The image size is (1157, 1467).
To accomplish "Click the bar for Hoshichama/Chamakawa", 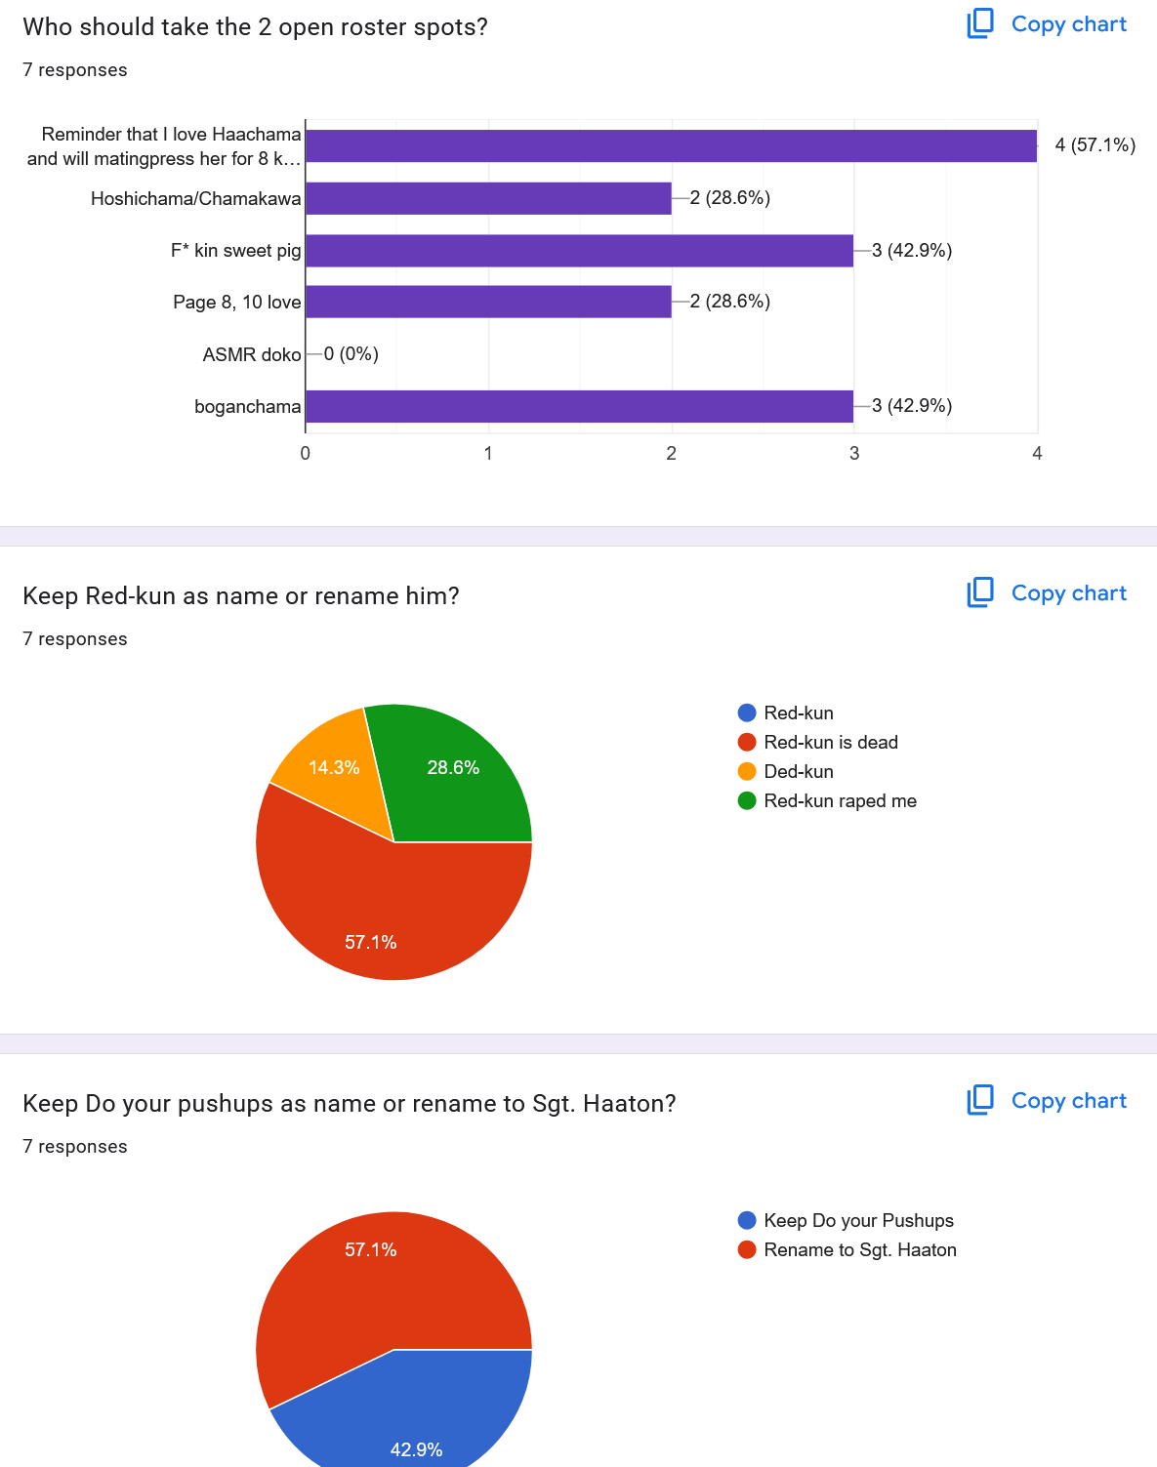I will coord(488,198).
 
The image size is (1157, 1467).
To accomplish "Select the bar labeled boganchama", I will coord(579,406).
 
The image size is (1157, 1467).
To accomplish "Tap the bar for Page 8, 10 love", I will coord(488,302).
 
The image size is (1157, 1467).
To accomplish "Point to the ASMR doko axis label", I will coord(252,354).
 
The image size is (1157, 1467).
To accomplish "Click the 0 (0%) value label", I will coord(351,353).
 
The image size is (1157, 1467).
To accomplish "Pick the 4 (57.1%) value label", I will coord(1095,145).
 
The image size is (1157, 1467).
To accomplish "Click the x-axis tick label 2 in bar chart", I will coord(672,453).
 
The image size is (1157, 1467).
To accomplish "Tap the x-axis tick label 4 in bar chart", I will coord(1037,453).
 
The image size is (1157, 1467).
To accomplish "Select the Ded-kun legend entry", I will coord(798,771).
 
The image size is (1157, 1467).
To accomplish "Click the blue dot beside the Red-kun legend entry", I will coord(747,713).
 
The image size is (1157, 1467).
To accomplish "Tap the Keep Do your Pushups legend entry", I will coord(857,1220).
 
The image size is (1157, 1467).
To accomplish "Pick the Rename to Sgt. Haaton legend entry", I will coord(859,1249).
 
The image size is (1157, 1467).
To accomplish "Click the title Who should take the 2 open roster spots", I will coord(255,26).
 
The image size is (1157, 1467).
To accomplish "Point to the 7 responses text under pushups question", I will coord(75,1146).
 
